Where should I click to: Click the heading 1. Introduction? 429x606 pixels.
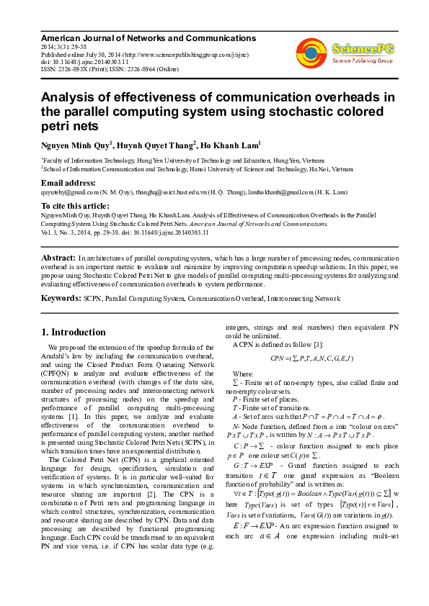(73, 332)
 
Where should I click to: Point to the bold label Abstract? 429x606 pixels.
(58, 257)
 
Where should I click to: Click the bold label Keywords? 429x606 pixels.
(61, 297)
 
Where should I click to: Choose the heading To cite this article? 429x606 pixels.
(75, 206)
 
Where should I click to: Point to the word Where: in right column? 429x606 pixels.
(243, 374)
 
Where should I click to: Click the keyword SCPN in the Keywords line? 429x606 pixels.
(92, 298)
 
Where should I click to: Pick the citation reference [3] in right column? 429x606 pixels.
(328, 345)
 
